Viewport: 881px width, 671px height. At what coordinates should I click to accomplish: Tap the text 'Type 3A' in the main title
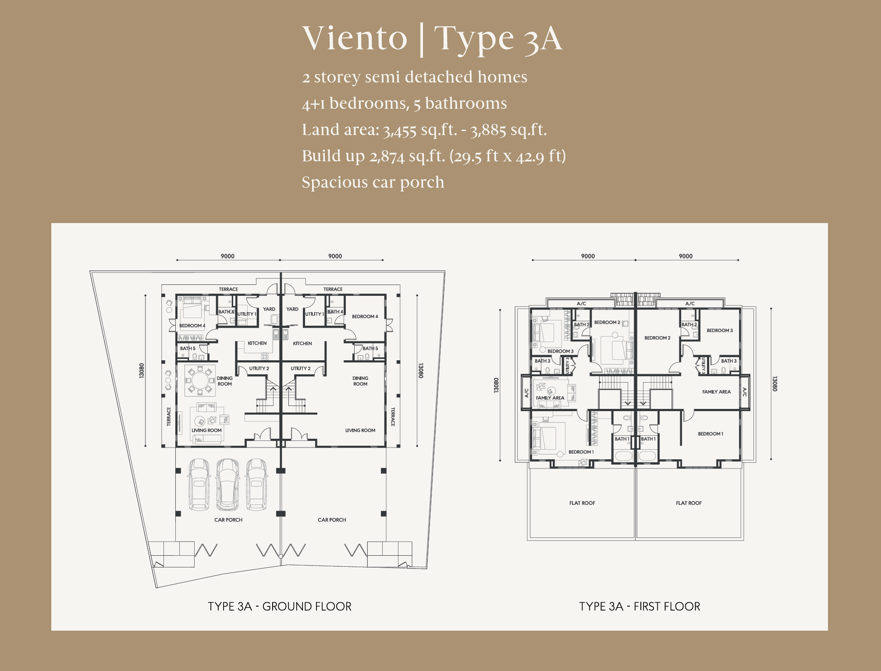click(498, 39)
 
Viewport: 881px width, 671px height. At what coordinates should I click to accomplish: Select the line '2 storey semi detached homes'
click(415, 77)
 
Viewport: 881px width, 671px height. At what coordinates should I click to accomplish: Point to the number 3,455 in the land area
click(399, 130)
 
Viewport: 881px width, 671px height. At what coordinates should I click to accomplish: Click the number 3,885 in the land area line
click(488, 130)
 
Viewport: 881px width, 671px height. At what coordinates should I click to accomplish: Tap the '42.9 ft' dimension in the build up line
click(541, 156)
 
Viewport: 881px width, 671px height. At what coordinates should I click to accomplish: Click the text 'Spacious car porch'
click(373, 182)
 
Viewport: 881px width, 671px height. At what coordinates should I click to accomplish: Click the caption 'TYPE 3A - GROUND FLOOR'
click(280, 607)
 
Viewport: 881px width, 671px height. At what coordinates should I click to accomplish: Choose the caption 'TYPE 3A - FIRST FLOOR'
click(639, 607)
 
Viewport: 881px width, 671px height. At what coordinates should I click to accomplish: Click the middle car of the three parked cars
click(227, 484)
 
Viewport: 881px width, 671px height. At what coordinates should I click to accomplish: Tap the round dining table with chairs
click(199, 379)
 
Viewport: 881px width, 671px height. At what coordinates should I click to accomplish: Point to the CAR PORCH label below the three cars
click(228, 520)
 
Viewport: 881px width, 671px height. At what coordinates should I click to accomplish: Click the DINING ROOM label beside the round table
click(225, 381)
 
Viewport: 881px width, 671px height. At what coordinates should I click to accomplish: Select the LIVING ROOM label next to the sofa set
click(206, 430)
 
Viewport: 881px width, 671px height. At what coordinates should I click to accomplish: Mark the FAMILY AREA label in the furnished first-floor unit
click(550, 398)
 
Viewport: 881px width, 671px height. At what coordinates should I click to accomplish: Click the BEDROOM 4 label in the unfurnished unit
click(365, 316)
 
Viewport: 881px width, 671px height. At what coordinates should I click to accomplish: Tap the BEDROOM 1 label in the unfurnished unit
click(710, 434)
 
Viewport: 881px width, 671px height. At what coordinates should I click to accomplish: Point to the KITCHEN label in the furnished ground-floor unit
click(257, 343)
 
